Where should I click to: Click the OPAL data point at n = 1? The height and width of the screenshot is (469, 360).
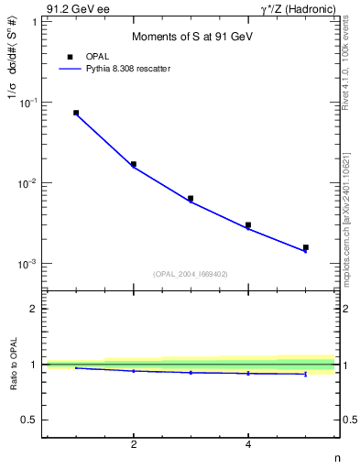[x=76, y=113]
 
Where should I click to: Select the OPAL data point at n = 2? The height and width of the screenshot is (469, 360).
[x=134, y=164]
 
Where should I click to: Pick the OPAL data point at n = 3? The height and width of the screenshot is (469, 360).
[x=191, y=198]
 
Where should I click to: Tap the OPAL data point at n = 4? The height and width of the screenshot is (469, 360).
[x=248, y=224]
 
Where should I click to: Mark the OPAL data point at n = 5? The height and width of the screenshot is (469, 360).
[x=306, y=247]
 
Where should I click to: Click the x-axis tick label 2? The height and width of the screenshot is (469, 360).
[x=134, y=445]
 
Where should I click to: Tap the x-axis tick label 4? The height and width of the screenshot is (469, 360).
[x=248, y=445]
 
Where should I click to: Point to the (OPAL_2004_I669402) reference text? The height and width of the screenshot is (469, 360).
[x=191, y=273]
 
